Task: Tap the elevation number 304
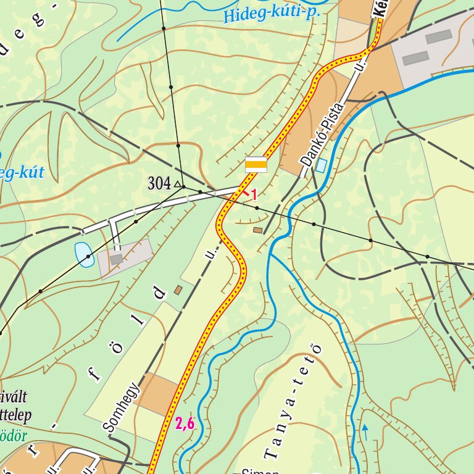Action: tap(159, 183)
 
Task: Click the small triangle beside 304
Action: tap(177, 184)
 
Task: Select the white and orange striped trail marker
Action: tap(256, 164)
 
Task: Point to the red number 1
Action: tap(254, 195)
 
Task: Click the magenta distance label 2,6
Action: tap(185, 423)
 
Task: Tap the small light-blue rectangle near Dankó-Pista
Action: tap(321, 165)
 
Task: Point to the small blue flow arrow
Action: tap(365, 432)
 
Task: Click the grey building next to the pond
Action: tap(116, 259)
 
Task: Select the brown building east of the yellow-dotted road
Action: tap(257, 230)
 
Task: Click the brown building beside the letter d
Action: tap(178, 289)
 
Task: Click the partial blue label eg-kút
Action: tap(22, 172)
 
